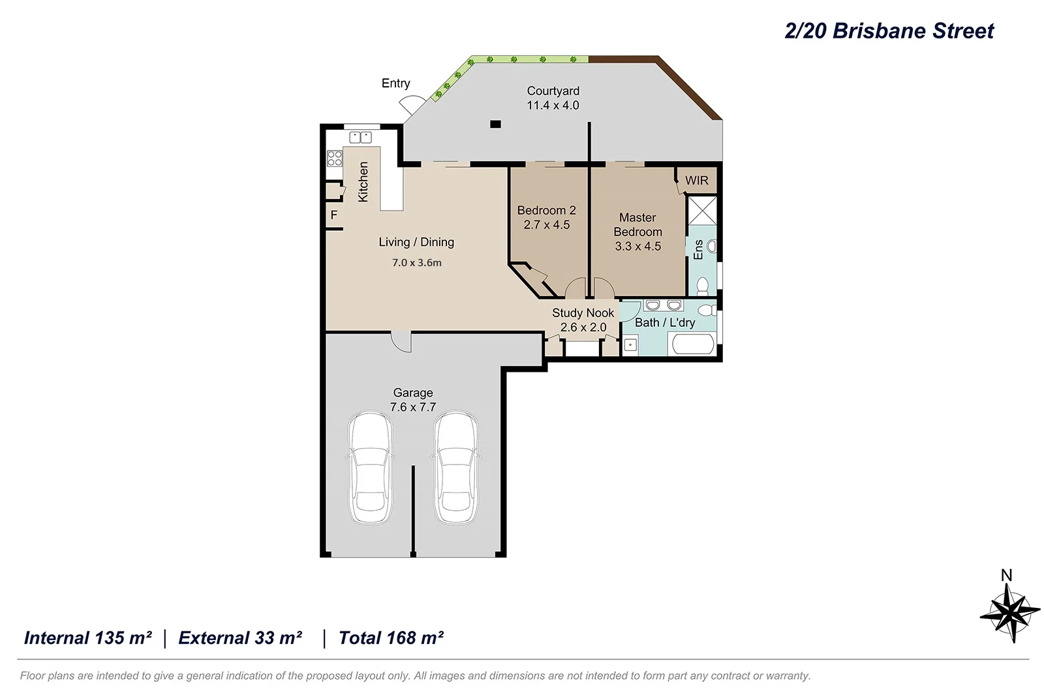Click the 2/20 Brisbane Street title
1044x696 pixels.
(x=889, y=31)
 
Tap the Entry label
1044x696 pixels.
(x=395, y=83)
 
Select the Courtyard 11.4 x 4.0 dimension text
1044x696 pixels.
(x=553, y=106)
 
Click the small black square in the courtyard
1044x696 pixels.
(x=496, y=124)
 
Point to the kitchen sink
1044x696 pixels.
(x=360, y=137)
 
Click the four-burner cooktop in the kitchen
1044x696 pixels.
(x=335, y=158)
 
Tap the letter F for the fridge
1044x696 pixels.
(x=334, y=215)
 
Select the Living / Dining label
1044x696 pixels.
(x=416, y=242)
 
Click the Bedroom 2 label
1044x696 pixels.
(x=546, y=210)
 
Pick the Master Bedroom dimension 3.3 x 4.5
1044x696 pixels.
(x=637, y=247)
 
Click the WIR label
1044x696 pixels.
(x=696, y=181)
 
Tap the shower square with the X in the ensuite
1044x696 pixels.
(x=702, y=210)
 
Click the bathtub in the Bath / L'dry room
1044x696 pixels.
(x=693, y=344)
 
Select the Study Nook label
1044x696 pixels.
(x=583, y=313)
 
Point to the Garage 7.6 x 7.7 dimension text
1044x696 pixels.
(x=413, y=407)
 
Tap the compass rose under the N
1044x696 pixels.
(x=1010, y=613)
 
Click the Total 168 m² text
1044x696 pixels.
(x=391, y=638)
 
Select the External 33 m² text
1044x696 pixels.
(x=240, y=638)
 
